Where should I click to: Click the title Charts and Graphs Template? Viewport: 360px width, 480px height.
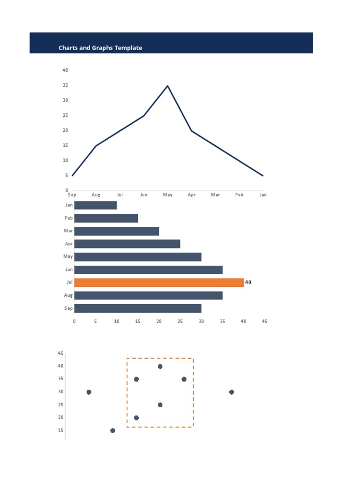[100, 48]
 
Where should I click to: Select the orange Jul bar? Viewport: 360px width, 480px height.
[159, 282]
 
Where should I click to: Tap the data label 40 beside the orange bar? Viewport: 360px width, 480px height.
[248, 282]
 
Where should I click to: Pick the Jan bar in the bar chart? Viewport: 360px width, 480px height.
[96, 205]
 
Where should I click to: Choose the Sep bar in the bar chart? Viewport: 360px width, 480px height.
[138, 308]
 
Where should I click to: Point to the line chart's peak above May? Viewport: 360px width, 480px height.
[167, 86]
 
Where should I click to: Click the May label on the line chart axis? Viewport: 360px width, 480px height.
[167, 195]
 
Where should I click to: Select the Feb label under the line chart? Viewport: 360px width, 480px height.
[239, 195]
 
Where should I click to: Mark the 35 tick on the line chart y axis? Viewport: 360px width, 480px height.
[65, 85]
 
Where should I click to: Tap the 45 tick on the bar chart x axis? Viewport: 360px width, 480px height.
[264, 321]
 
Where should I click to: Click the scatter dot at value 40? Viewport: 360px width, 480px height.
[160, 366]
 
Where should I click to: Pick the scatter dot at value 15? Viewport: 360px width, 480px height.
[112, 430]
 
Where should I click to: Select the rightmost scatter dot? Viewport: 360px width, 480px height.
[232, 392]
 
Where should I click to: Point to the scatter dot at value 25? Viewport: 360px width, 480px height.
[160, 405]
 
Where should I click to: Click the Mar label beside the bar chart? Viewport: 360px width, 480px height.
[68, 231]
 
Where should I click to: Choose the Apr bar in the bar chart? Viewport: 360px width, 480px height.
[127, 244]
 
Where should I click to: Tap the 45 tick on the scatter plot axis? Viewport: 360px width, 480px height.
[60, 353]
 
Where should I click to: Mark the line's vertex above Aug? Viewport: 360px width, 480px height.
[96, 146]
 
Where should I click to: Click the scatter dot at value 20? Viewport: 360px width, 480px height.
[136, 418]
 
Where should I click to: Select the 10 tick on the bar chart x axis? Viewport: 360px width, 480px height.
[117, 321]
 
